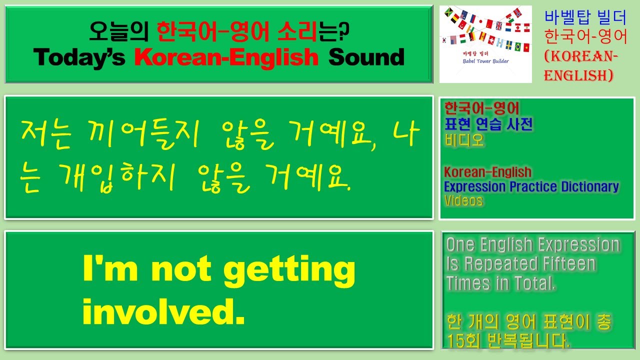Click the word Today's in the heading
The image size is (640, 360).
tap(79, 58)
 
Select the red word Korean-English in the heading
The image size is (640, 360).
tap(226, 58)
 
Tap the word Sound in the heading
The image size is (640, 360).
tap(366, 58)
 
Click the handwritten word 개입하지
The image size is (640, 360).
tap(118, 178)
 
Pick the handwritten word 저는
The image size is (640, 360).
tap(45, 134)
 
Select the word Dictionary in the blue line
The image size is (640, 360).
tap(590, 187)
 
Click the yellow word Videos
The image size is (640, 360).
tap(463, 201)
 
